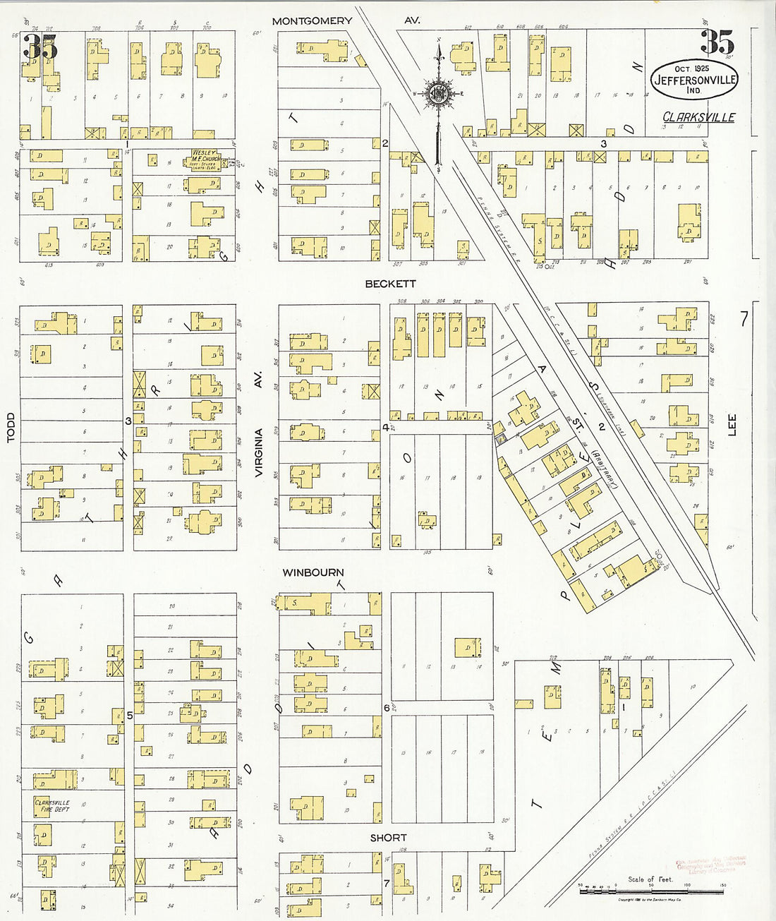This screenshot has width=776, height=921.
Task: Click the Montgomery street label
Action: (312, 21)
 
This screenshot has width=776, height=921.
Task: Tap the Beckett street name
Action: (390, 284)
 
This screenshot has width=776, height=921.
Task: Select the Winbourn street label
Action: (313, 572)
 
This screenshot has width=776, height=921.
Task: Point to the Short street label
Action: (388, 838)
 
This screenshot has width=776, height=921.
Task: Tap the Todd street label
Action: (11, 428)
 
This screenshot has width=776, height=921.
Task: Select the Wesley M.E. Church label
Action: (202, 160)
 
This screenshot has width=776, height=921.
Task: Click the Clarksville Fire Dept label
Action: (52, 806)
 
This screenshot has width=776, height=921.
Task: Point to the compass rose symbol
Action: (438, 93)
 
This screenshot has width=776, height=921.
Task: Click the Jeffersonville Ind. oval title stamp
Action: (694, 80)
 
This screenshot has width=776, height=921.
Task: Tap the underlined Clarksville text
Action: (698, 117)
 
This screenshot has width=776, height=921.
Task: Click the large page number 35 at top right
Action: (717, 42)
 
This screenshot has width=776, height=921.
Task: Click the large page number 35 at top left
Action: (40, 47)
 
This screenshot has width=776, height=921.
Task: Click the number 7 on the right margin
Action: (744, 320)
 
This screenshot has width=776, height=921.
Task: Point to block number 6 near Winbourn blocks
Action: (386, 707)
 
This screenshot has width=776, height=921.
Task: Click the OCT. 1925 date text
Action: (691, 68)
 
